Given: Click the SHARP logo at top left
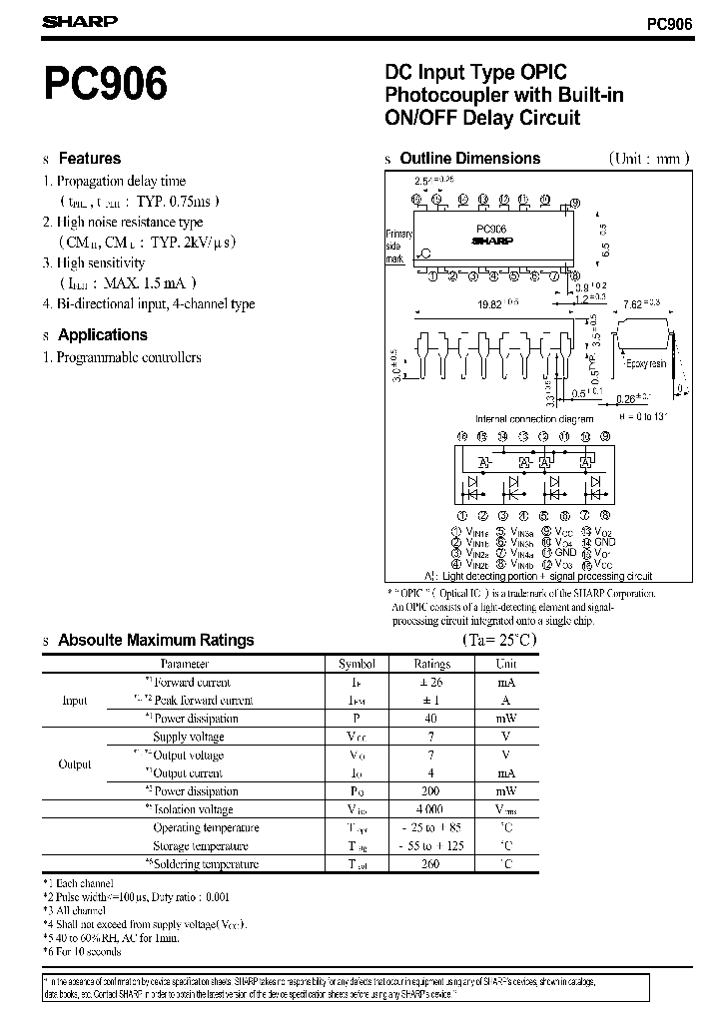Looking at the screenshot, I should pos(80,21).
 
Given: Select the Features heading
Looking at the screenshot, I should pos(89,159).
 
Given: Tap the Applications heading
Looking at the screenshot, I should pos(102,335).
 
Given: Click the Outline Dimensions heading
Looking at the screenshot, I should pos(469,159).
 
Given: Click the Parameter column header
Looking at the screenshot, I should pos(185,664).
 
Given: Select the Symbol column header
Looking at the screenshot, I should pos(357,664).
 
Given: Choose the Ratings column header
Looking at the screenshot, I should pos(432,664).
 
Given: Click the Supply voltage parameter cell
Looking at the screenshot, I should pos(188,737).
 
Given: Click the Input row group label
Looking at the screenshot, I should pos(75,701).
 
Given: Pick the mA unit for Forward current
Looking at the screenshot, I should pos(506,683).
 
